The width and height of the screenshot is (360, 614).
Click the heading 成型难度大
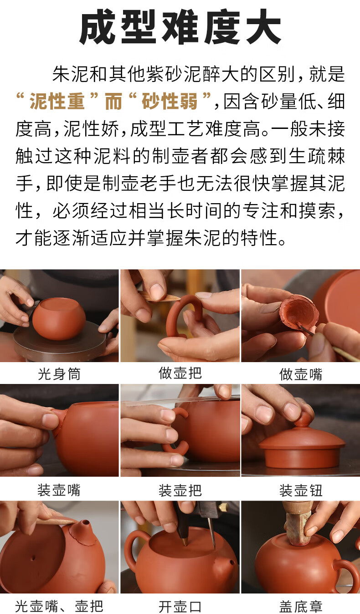tap(180, 26)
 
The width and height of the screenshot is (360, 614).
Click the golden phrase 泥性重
tap(57, 101)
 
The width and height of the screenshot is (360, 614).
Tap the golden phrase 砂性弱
tap(170, 101)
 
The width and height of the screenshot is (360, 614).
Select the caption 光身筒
tap(59, 374)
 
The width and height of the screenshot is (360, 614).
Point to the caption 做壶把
tap(180, 373)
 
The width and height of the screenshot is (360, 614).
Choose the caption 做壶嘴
tap(301, 374)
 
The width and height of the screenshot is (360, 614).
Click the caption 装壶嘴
tap(59, 490)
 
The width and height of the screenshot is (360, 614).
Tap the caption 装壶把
tap(180, 490)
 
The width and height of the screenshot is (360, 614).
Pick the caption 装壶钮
tap(301, 490)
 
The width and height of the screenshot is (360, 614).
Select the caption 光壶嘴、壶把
tap(59, 606)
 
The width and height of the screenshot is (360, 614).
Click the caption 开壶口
tap(180, 606)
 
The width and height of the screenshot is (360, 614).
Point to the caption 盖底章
tap(301, 606)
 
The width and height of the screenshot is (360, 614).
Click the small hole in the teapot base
tap(33, 558)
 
